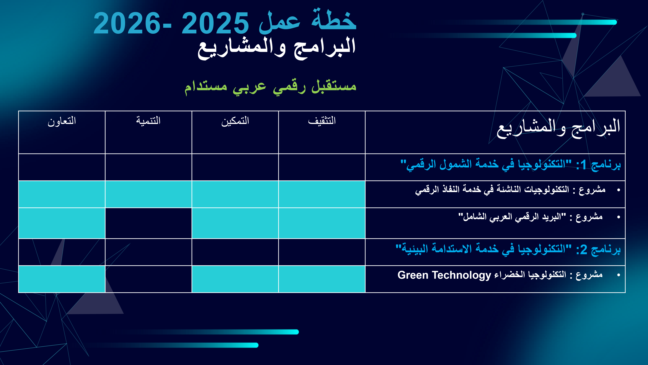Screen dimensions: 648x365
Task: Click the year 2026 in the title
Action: (127, 23)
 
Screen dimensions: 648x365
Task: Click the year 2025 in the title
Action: (215, 23)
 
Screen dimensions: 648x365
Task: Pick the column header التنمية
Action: (148, 121)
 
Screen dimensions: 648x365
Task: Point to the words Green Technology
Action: (444, 275)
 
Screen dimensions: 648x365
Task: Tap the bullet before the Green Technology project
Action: (619, 275)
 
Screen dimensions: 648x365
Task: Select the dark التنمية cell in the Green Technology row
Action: (148, 279)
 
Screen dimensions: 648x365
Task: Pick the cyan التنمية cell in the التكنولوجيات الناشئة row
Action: (148, 194)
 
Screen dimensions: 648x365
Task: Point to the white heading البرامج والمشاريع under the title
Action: (277, 48)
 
